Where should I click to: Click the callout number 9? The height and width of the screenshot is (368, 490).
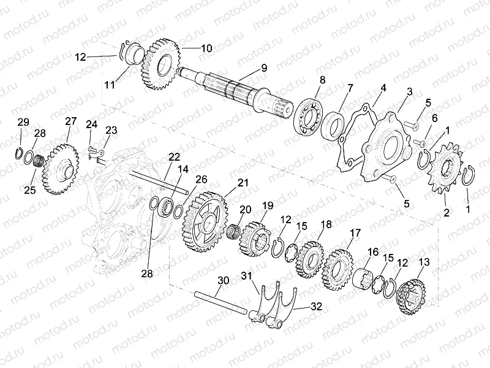[x=263, y=68]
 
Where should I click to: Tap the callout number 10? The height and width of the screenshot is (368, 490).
[x=206, y=48]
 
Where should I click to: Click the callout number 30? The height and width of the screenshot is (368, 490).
[x=223, y=281]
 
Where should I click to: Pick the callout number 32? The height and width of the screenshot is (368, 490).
[x=315, y=305]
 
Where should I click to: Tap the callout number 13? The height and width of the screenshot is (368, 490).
[x=423, y=262]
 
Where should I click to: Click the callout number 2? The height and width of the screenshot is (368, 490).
[x=446, y=212]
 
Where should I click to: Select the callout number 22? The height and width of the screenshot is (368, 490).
[x=175, y=156]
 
